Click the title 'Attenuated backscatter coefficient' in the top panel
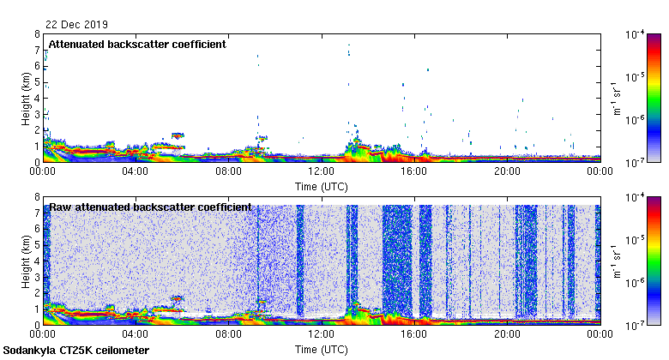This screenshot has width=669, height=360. [137, 44]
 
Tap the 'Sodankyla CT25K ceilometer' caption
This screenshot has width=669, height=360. [76, 351]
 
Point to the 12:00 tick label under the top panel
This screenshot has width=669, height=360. [321, 171]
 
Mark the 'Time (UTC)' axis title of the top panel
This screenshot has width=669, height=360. [321, 186]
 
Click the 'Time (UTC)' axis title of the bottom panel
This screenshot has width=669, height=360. [321, 350]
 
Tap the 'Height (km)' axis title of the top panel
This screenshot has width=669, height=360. [27, 98]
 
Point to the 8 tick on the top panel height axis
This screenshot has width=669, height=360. [36, 35]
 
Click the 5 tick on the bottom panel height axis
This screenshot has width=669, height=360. [36, 245]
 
